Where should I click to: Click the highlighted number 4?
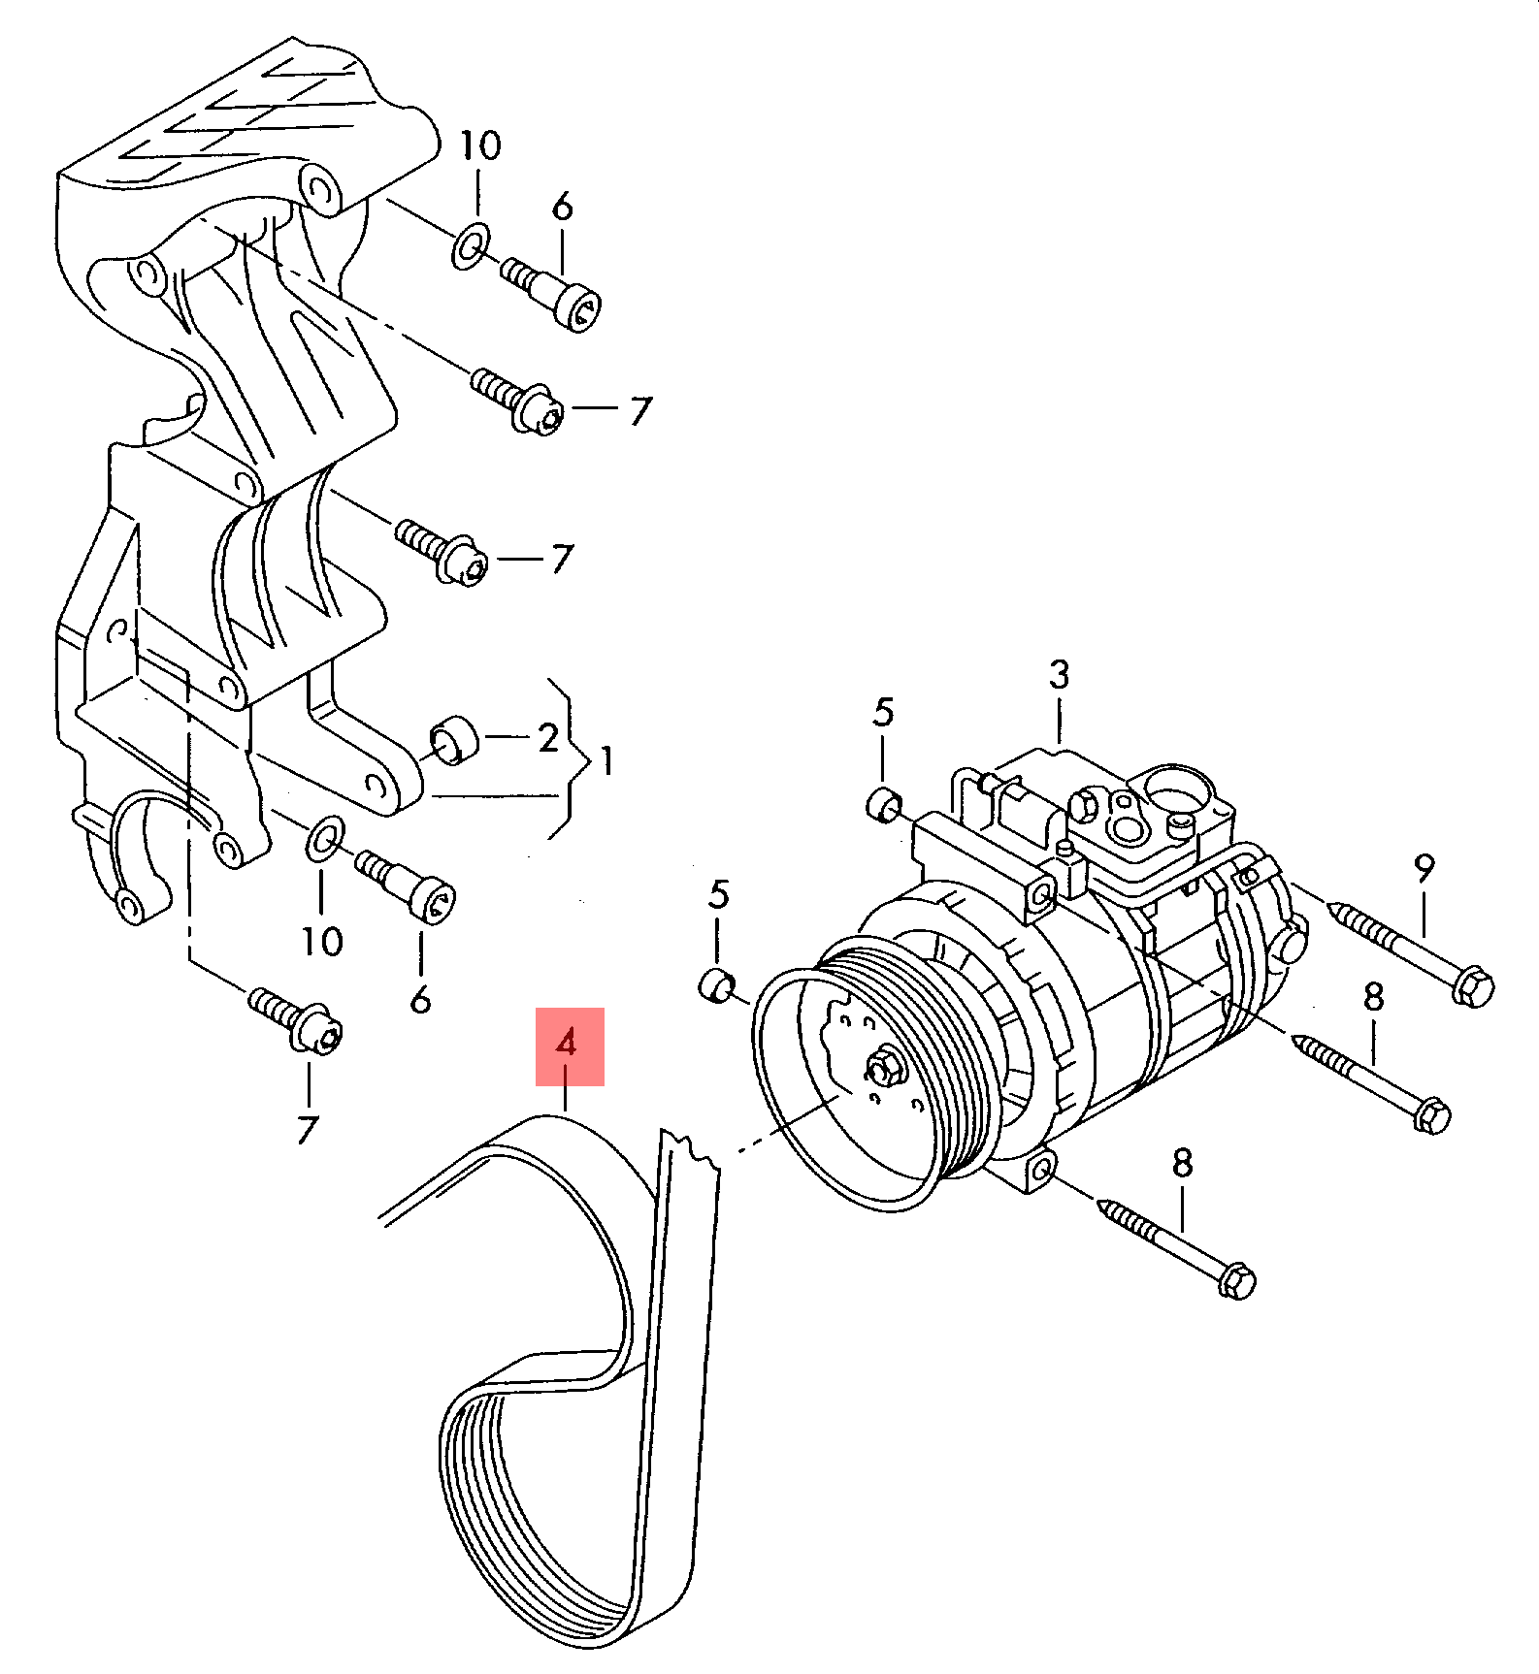(569, 1045)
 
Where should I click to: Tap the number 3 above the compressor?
(1059, 675)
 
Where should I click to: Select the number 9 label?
(1423, 868)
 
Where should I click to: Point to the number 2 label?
(548, 738)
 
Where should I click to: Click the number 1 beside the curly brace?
(606, 760)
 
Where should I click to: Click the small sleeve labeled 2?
(453, 740)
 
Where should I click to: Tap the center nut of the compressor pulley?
(884, 1069)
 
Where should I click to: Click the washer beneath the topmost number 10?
(471, 246)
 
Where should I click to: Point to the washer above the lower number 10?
(324, 838)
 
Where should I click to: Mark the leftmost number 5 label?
(717, 894)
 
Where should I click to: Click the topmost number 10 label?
(479, 145)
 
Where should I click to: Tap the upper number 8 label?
(1372, 997)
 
